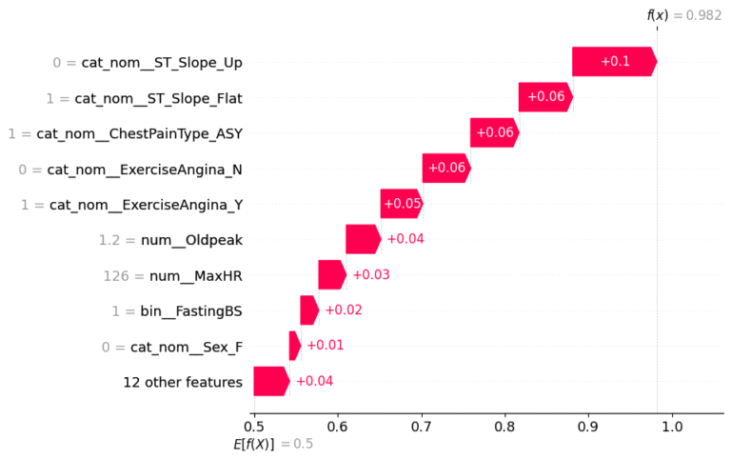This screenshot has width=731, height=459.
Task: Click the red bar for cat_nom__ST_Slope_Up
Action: pos(615,61)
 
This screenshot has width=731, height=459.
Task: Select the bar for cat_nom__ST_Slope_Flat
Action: pos(546,97)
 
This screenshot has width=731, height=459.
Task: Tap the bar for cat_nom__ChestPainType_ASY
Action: pos(495,132)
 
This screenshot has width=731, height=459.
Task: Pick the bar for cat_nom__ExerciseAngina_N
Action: pos(446,168)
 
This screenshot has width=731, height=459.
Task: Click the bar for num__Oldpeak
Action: pos(364,239)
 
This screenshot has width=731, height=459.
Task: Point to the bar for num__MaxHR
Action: pos(332,275)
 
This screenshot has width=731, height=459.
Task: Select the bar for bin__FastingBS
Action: pos(309,310)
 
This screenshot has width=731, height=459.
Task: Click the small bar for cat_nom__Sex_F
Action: pos(295,346)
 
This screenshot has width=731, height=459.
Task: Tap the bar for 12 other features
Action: pos(271,381)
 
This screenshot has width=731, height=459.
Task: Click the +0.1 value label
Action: pos(616,61)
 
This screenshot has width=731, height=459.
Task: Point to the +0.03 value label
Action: pos(371,274)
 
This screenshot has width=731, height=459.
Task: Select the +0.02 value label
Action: pos(344,309)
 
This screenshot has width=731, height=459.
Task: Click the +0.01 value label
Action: pos(326,345)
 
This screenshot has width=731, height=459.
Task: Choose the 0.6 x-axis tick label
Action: pos(338,427)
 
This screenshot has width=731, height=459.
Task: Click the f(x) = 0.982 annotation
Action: pos(684,15)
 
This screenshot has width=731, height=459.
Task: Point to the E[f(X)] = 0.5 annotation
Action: pos(273,444)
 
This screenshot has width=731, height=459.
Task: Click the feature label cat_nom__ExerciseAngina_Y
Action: pos(146,205)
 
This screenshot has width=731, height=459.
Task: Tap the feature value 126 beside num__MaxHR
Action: pos(116,276)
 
